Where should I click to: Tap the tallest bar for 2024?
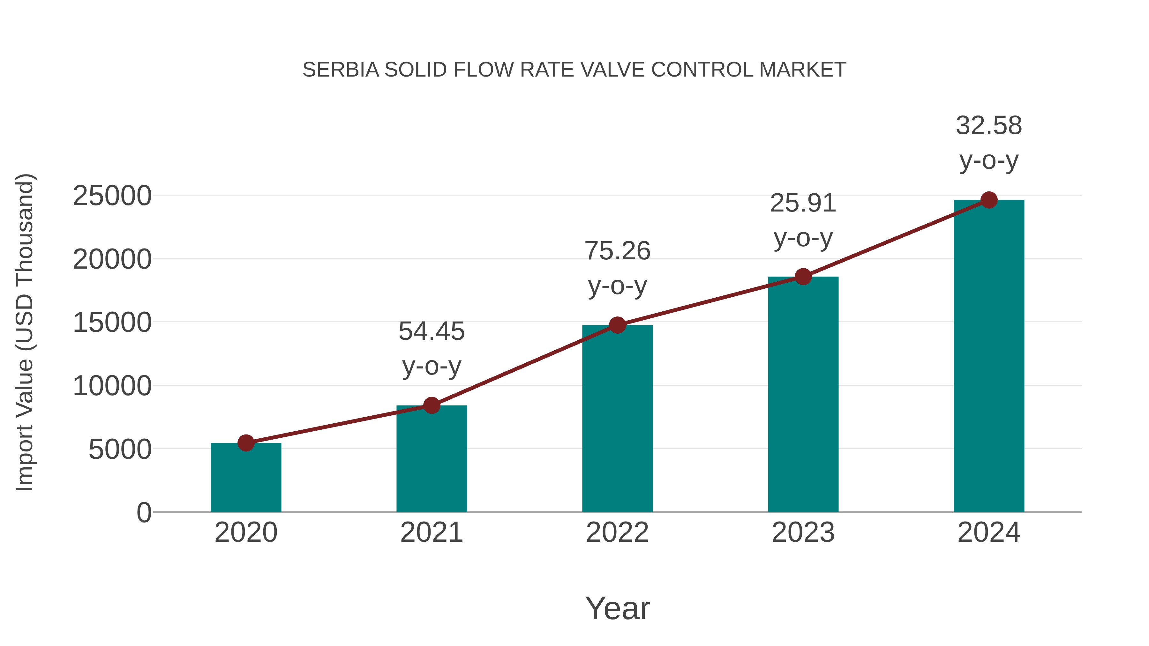989,357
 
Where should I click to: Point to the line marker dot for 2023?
803,277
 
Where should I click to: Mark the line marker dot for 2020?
246,443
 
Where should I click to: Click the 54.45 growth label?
431,331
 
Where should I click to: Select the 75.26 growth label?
617,251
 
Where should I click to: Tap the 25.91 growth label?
803,203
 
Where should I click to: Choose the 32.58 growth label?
989,126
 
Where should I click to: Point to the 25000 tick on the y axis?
112,196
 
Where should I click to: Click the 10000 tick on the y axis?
112,386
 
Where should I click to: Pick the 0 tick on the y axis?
144,513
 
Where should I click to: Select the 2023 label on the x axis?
803,532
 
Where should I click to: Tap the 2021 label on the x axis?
431,532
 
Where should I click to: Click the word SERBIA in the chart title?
340,70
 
